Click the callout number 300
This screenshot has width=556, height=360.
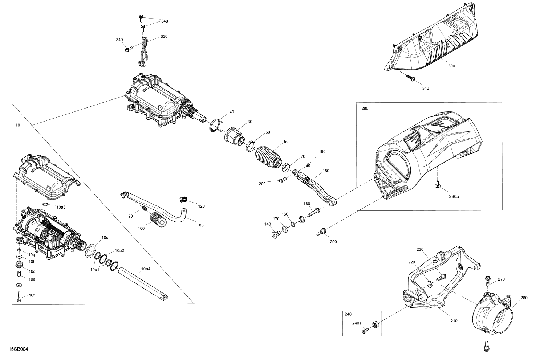[x=451, y=66]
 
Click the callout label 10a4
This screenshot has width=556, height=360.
[x=146, y=269]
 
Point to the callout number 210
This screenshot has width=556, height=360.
[x=454, y=321]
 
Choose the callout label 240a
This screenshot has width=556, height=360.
[x=357, y=323]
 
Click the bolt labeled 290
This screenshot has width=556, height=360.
[x=321, y=231]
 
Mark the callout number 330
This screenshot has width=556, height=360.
[x=164, y=37]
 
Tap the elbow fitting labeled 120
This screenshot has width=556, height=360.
[x=184, y=199]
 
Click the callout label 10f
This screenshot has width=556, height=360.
[x=32, y=295]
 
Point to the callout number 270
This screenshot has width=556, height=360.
[x=501, y=279]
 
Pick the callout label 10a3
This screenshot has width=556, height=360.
[x=61, y=207]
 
